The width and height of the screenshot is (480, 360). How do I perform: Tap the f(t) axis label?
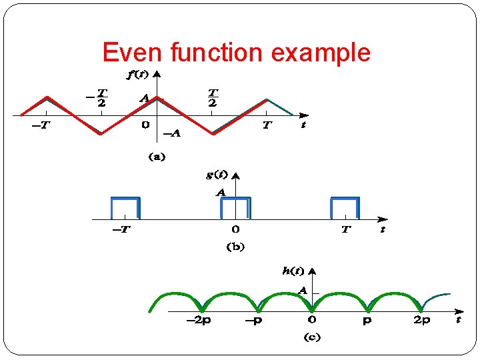click(137, 74)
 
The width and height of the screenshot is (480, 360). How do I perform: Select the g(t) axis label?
click(217, 175)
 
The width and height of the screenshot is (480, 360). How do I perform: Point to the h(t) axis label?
click(293, 271)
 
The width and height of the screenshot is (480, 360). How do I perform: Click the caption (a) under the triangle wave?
click(156, 157)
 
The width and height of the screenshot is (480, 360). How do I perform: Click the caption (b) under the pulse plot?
click(236, 247)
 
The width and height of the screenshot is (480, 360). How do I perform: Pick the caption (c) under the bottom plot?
click(312, 337)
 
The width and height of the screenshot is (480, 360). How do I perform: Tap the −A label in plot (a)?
click(172, 133)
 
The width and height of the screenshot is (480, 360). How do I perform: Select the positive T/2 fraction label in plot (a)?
click(213, 97)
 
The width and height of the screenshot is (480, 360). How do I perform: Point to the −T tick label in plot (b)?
click(121, 230)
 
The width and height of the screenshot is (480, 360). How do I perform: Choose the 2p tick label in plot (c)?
click(421, 321)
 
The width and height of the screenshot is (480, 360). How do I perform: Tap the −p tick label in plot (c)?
click(254, 321)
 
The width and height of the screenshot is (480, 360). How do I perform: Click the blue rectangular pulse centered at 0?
click(235, 207)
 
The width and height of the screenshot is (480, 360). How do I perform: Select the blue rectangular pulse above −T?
click(125, 207)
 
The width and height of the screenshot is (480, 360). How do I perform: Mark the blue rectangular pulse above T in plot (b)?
click(345, 207)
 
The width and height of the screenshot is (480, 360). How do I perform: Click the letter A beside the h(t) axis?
click(302, 291)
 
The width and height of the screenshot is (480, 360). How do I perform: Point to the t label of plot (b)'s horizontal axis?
click(383, 230)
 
